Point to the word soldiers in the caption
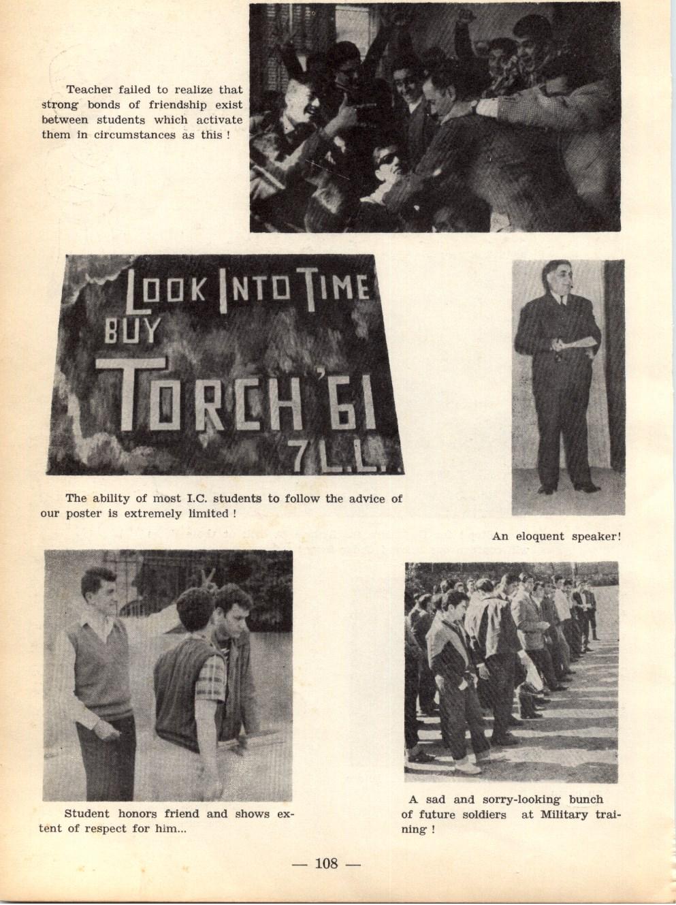481,815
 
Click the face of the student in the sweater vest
99,593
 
